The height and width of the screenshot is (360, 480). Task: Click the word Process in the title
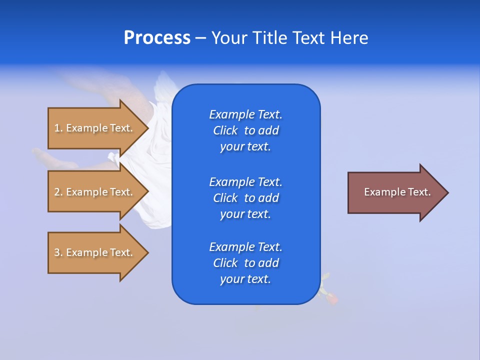[157, 38]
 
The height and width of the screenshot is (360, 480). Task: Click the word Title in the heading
[268, 38]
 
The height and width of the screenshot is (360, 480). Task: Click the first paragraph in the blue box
[245, 130]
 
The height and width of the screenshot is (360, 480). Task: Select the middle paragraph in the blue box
[245, 198]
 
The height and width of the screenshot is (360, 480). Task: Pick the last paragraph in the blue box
[245, 263]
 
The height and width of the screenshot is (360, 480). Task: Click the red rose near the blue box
[331, 298]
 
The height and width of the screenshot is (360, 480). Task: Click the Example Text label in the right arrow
[397, 192]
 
